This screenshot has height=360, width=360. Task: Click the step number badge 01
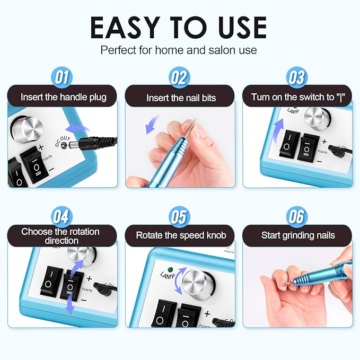coord(62,78)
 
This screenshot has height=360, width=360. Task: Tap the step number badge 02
coord(179,78)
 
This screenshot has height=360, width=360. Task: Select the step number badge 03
coord(297,78)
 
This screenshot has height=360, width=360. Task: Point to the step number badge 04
coord(62,217)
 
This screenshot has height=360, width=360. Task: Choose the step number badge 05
coord(179,217)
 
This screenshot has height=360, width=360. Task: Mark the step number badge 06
coord(297,217)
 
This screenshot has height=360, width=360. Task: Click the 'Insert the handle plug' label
coord(63,98)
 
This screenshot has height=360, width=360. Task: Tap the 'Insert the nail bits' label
coord(181,98)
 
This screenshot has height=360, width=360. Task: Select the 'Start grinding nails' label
coord(298,235)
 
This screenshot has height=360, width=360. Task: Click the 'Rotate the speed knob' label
coord(181,235)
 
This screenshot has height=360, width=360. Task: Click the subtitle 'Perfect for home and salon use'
coord(179,50)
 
